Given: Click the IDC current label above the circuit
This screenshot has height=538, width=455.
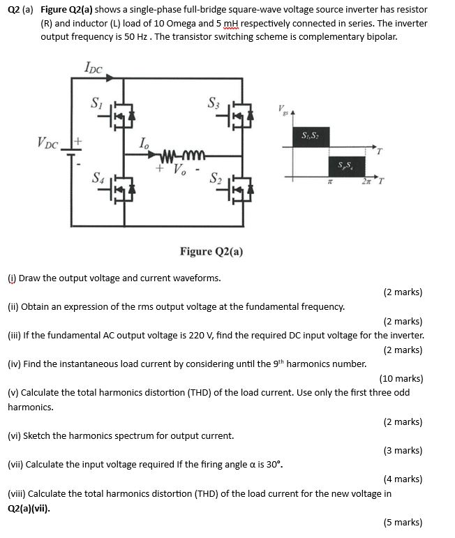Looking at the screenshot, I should click(x=93, y=68).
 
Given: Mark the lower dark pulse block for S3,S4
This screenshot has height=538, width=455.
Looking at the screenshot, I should click(x=345, y=166).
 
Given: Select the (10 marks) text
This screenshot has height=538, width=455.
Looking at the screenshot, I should click(x=401, y=378).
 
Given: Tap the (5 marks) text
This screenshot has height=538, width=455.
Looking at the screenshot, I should click(x=403, y=522).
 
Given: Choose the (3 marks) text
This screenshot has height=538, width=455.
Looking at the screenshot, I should click(x=403, y=450).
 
